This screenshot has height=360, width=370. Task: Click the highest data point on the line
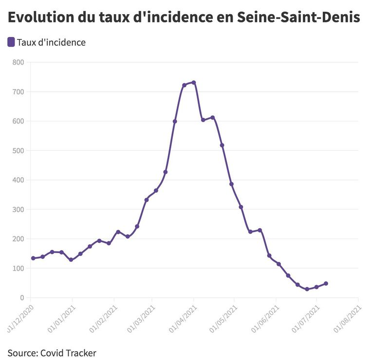tap(194, 83)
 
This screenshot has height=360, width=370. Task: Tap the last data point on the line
tap(326, 283)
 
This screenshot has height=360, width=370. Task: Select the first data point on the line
tap(33, 258)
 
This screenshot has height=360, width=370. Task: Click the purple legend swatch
tap(11, 42)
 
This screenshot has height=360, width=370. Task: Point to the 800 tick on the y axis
tap(18, 62)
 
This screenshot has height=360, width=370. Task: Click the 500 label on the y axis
tap(18, 150)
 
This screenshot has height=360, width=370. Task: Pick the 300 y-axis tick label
tap(18, 209)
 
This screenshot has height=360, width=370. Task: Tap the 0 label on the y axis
tap(22, 298)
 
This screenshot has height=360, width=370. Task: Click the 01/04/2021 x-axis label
tap(183, 319)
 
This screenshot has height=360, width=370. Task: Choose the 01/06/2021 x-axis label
tap(266, 319)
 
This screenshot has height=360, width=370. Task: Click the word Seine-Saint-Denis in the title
tap(299, 18)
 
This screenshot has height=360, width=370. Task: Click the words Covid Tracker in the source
tap(68, 353)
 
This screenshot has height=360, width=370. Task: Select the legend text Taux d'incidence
tap(51, 42)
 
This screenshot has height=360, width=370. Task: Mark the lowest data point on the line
tap(307, 289)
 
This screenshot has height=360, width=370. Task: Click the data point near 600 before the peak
tap(175, 121)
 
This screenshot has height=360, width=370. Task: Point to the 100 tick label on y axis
tap(18, 268)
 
